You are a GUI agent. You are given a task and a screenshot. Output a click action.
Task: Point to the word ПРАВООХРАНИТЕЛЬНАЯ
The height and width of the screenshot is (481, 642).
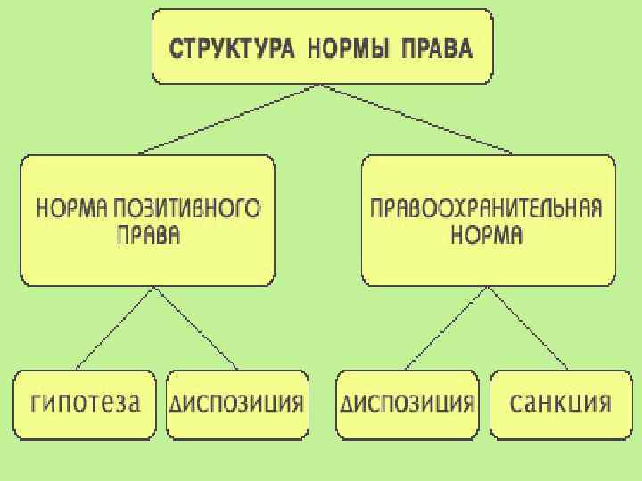coord(487,209)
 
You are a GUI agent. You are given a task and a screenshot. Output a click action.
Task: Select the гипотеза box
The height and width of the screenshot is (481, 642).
coord(86,404)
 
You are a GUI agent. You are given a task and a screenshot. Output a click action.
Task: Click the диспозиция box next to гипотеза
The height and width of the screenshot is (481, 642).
coord(237,404)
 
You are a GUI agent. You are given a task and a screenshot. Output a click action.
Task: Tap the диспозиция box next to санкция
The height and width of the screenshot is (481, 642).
coord(407,404)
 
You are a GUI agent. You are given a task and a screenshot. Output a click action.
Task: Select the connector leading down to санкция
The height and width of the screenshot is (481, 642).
coord(528,327)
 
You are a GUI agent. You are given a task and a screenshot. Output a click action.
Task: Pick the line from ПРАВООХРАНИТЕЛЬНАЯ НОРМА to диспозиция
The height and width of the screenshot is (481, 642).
coord(446,327)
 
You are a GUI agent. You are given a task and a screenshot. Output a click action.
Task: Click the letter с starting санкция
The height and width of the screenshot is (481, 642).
coord(515,404)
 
